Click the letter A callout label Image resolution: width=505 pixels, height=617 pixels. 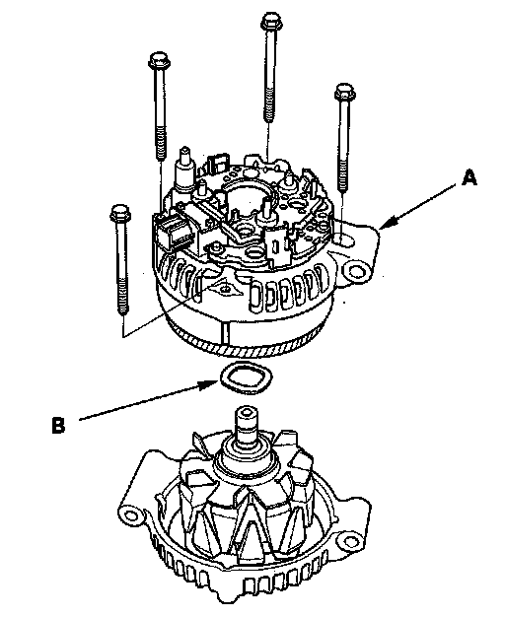pyautogui.click(x=469, y=177)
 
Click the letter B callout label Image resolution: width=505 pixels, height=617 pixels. pyautogui.click(x=58, y=426)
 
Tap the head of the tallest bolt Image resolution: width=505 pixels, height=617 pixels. pyautogui.click(x=271, y=20)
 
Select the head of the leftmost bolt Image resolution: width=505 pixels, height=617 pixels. pyautogui.click(x=120, y=213)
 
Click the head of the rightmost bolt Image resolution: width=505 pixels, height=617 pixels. pyautogui.click(x=344, y=92)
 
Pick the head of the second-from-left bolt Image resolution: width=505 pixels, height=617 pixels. pyautogui.click(x=159, y=60)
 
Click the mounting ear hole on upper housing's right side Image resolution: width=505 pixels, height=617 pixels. pyautogui.click(x=356, y=271)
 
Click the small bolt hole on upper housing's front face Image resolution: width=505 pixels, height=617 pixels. pyautogui.click(x=225, y=289)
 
